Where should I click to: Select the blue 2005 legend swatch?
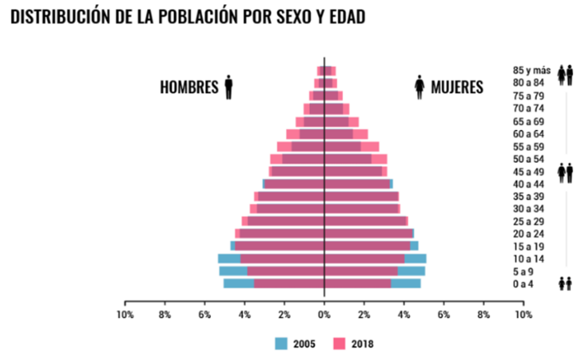click(x=282, y=344)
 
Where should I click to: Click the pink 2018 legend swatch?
click(x=340, y=344)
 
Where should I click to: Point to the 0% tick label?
click(x=324, y=314)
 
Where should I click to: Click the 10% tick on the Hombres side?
click(x=125, y=314)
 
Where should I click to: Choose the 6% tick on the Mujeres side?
click(x=444, y=314)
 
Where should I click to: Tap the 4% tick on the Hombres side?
click(x=244, y=314)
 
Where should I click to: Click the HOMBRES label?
click(x=189, y=87)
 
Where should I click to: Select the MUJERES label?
click(x=457, y=87)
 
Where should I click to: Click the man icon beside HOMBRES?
click(x=229, y=87)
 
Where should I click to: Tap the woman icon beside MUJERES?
click(x=420, y=87)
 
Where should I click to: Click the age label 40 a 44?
click(x=528, y=184)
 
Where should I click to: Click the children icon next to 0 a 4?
click(x=565, y=283)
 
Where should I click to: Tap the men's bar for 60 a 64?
click(x=305, y=134)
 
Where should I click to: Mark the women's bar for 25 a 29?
click(x=366, y=221)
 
